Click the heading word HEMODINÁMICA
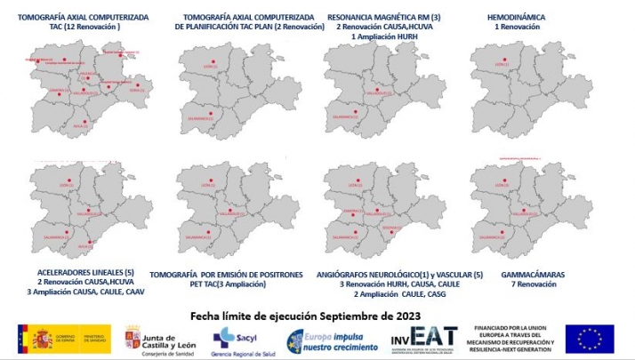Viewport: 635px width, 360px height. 517,17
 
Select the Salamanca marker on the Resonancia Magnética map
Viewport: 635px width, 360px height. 354,114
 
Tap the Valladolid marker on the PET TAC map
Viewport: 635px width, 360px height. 230,211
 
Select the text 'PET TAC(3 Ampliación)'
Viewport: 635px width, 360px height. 229,284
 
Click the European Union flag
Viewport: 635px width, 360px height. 589,338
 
